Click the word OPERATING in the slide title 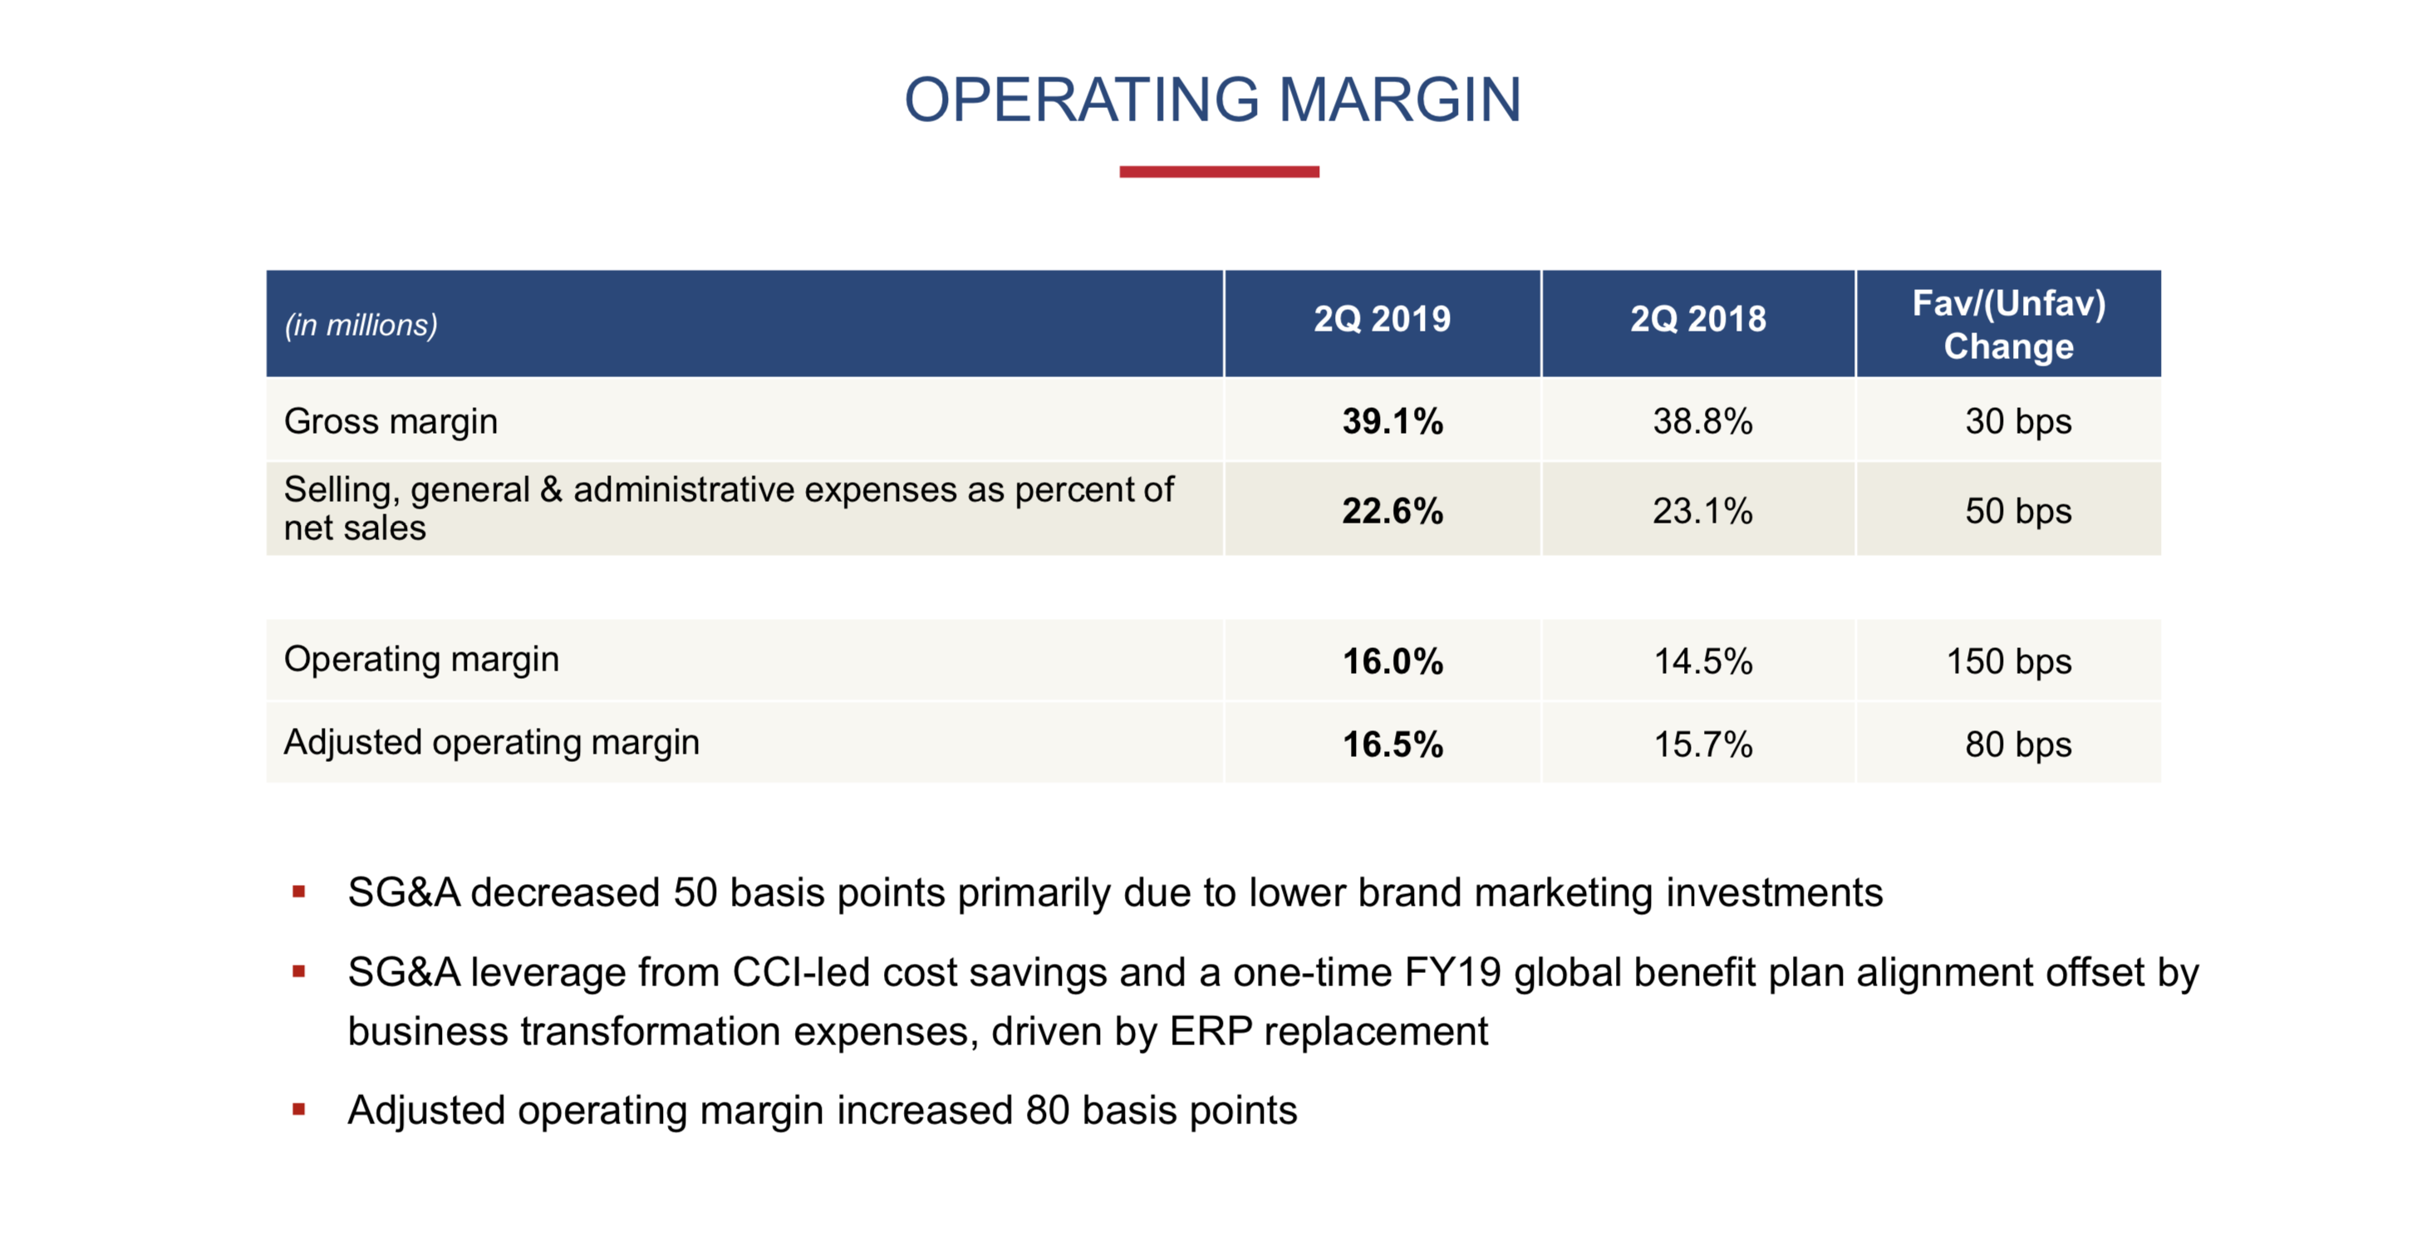1082,101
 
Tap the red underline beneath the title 1218,172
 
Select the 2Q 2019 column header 1382,320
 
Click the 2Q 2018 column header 1697,320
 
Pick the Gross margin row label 390,422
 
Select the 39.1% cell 1392,422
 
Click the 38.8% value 1702,422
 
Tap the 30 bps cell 2017,422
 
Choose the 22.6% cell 1392,512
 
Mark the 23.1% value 1702,512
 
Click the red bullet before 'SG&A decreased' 299,892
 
